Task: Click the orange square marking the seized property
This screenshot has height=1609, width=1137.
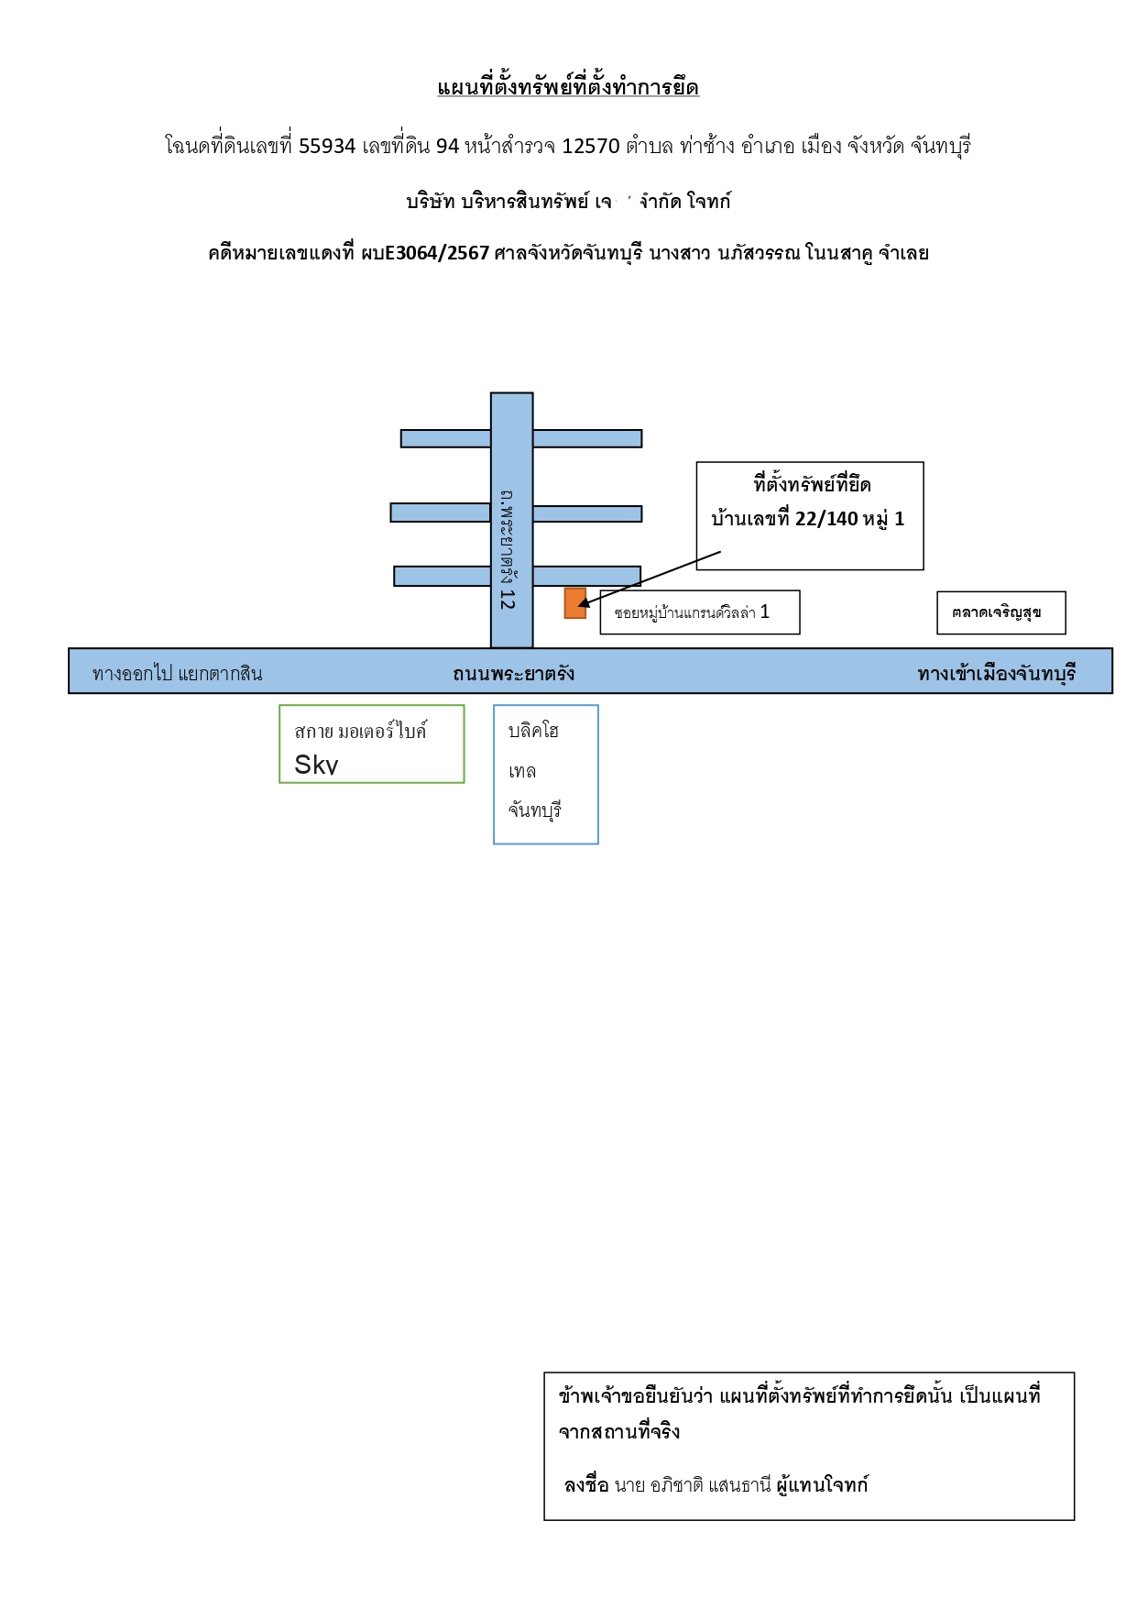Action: coord(575,603)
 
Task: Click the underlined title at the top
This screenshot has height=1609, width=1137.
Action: coord(568,88)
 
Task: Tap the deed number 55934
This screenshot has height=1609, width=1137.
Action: coord(327,146)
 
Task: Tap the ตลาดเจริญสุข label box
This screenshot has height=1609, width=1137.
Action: coord(1001,612)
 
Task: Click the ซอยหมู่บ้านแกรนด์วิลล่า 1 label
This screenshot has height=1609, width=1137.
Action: coord(692,612)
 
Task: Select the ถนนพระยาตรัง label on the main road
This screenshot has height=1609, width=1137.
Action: coord(513,674)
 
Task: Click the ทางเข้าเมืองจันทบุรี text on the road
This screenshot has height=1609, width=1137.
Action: coord(997,674)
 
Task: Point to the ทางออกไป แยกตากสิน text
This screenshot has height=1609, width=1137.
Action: coord(178,674)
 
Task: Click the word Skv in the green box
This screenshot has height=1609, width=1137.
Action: coord(316,765)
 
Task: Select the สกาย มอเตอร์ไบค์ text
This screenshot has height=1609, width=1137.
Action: coord(361,731)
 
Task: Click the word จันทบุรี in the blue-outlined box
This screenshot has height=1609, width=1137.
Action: coord(535,810)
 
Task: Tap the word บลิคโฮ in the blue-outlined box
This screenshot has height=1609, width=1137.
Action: coord(533,731)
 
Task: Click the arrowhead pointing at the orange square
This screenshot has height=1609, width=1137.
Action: coord(584,602)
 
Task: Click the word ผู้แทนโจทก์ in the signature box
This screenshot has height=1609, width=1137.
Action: coord(822,1485)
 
